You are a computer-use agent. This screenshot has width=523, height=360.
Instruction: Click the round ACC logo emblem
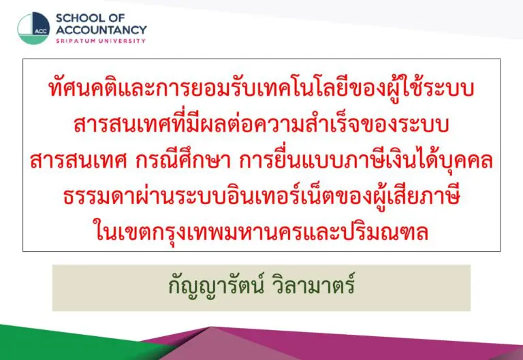[33, 29]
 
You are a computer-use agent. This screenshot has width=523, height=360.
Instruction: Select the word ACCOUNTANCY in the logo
[101, 30]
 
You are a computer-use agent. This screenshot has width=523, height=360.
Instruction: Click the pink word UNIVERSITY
[124, 41]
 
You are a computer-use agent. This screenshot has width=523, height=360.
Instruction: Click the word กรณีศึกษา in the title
[183, 159]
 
